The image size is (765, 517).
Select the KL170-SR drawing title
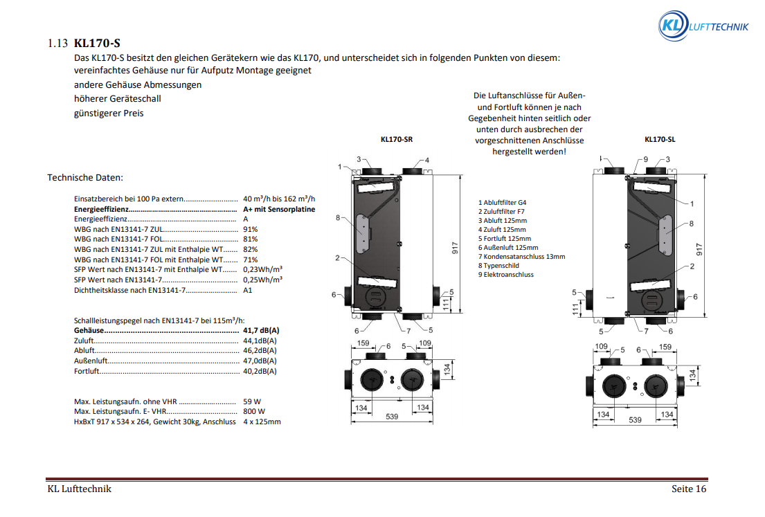point(397,139)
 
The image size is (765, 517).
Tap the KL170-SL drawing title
point(660,139)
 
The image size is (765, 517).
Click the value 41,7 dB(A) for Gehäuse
point(261,330)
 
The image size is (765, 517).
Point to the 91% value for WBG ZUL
point(251,229)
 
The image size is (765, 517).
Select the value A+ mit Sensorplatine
point(279,208)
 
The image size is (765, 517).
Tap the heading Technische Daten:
point(85,178)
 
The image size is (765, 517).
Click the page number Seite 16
point(689,489)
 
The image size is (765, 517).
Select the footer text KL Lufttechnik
point(79,489)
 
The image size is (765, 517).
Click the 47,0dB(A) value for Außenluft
point(260,361)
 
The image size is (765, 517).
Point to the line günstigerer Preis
point(109,113)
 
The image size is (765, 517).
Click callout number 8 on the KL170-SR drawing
point(338,218)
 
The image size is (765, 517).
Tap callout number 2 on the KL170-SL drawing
point(692,266)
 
